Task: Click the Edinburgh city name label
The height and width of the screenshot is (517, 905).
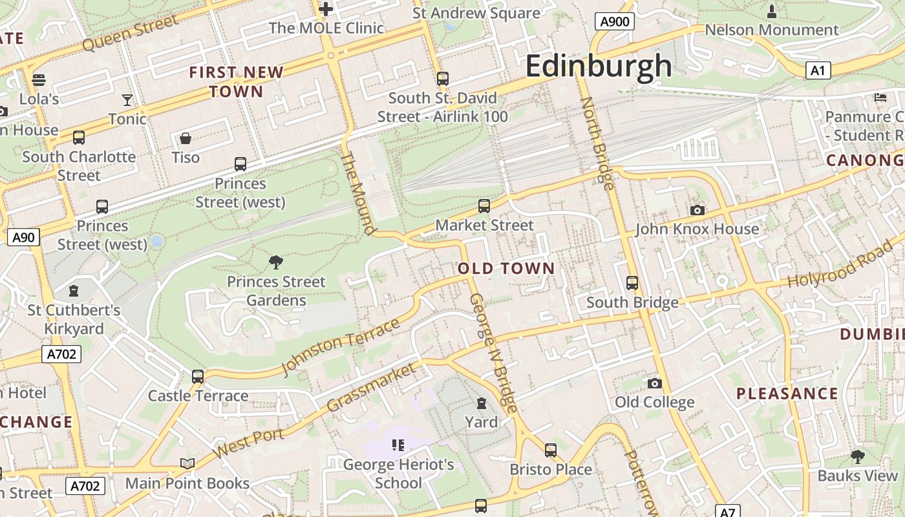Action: pyautogui.click(x=599, y=66)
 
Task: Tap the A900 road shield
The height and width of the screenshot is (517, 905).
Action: pyautogui.click(x=614, y=22)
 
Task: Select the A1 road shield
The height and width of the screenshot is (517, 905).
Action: pyautogui.click(x=818, y=70)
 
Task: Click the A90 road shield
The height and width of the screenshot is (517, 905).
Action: pyautogui.click(x=24, y=237)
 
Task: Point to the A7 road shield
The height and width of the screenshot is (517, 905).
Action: pyautogui.click(x=728, y=512)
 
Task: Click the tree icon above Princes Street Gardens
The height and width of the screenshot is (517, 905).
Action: pyautogui.click(x=276, y=262)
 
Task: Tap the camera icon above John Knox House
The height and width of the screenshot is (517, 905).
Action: pyautogui.click(x=697, y=210)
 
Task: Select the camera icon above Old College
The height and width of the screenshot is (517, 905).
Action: pyautogui.click(x=654, y=383)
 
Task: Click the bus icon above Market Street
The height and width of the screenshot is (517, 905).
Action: pyautogui.click(x=484, y=206)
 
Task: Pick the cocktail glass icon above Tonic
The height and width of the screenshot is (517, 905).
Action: pyautogui.click(x=127, y=100)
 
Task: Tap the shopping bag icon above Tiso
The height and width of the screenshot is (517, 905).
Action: pyautogui.click(x=186, y=138)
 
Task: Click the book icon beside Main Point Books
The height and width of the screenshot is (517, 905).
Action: pyautogui.click(x=187, y=463)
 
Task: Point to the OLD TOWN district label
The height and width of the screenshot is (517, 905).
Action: pyautogui.click(x=506, y=268)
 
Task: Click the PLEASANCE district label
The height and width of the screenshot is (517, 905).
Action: pyautogui.click(x=787, y=394)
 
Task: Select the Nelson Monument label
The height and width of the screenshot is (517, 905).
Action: pyautogui.click(x=771, y=30)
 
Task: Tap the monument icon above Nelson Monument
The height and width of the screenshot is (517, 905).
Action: pyautogui.click(x=771, y=11)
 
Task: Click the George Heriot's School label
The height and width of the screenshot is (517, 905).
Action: pyautogui.click(x=399, y=474)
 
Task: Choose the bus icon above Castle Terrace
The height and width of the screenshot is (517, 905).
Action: pyautogui.click(x=198, y=376)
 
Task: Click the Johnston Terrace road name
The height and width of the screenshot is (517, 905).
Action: pyautogui.click(x=341, y=346)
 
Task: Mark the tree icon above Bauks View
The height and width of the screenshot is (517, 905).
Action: pyautogui.click(x=857, y=457)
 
